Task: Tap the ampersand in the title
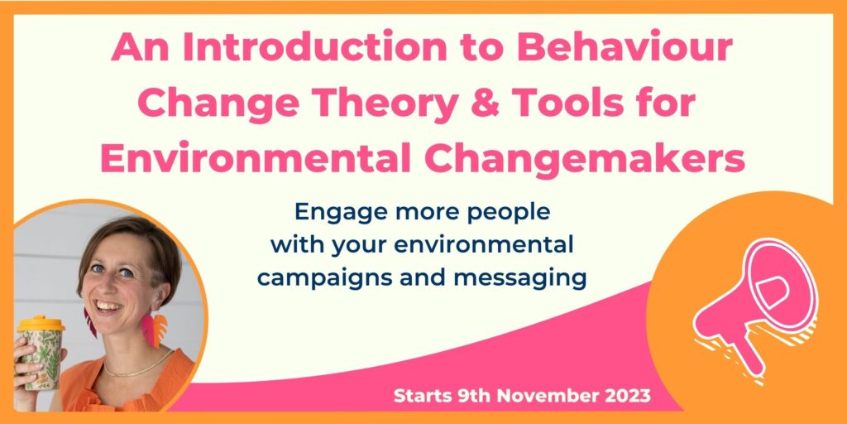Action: (x=483, y=104)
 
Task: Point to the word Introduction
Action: (x=314, y=49)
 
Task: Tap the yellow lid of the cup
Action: (x=41, y=324)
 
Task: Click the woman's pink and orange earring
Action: (x=154, y=329)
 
